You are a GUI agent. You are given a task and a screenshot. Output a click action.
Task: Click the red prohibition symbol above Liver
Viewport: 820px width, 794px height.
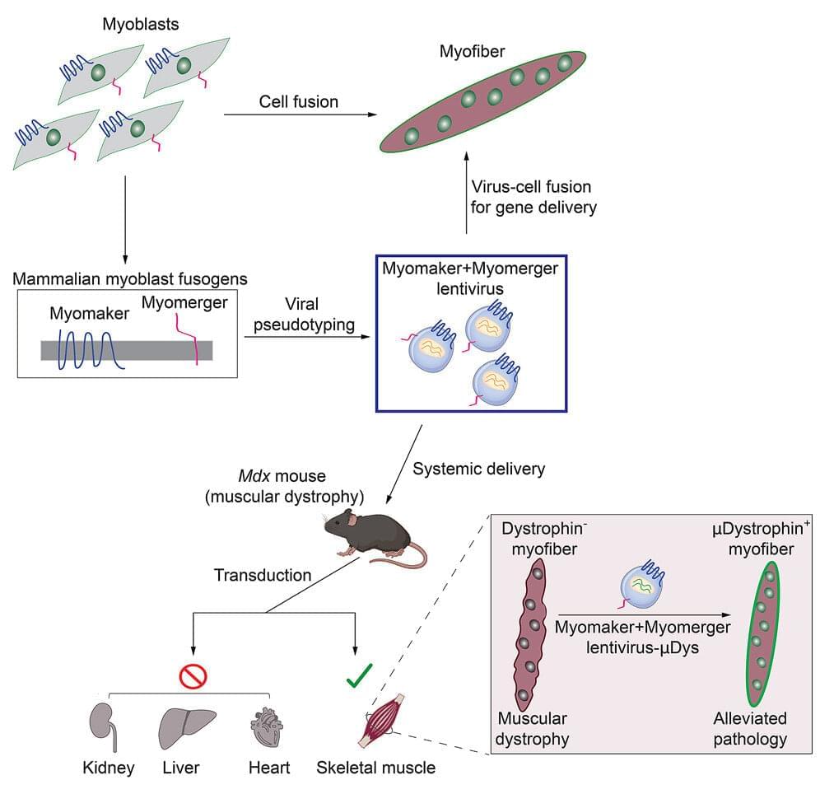coord(193,676)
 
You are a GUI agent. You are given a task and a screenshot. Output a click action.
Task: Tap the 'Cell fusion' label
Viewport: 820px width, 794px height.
coord(298,102)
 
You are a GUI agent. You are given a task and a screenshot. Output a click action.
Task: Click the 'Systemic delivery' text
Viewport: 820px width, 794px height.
coord(478,469)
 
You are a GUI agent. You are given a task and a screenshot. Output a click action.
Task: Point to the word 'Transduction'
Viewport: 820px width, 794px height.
coord(263,576)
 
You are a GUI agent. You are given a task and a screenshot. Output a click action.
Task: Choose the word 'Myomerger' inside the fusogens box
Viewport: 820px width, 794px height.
coord(184,303)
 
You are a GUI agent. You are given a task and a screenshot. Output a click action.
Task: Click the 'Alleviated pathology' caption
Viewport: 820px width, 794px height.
coord(749,728)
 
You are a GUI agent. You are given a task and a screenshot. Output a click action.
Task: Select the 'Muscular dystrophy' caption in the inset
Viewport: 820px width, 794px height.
coord(531,728)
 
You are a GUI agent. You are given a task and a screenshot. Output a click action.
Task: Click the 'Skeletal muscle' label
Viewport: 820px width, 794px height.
coord(375,768)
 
